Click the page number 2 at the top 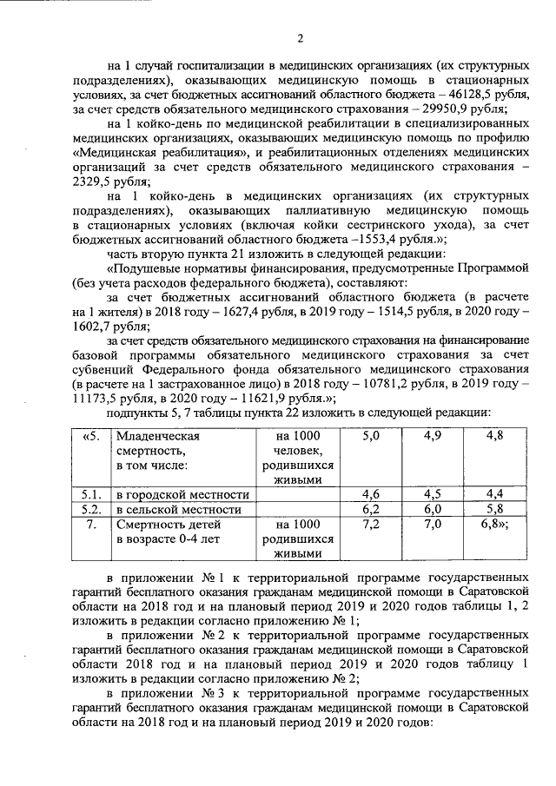tap(301, 37)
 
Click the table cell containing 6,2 tap(370, 509)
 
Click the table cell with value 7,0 tap(432, 525)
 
